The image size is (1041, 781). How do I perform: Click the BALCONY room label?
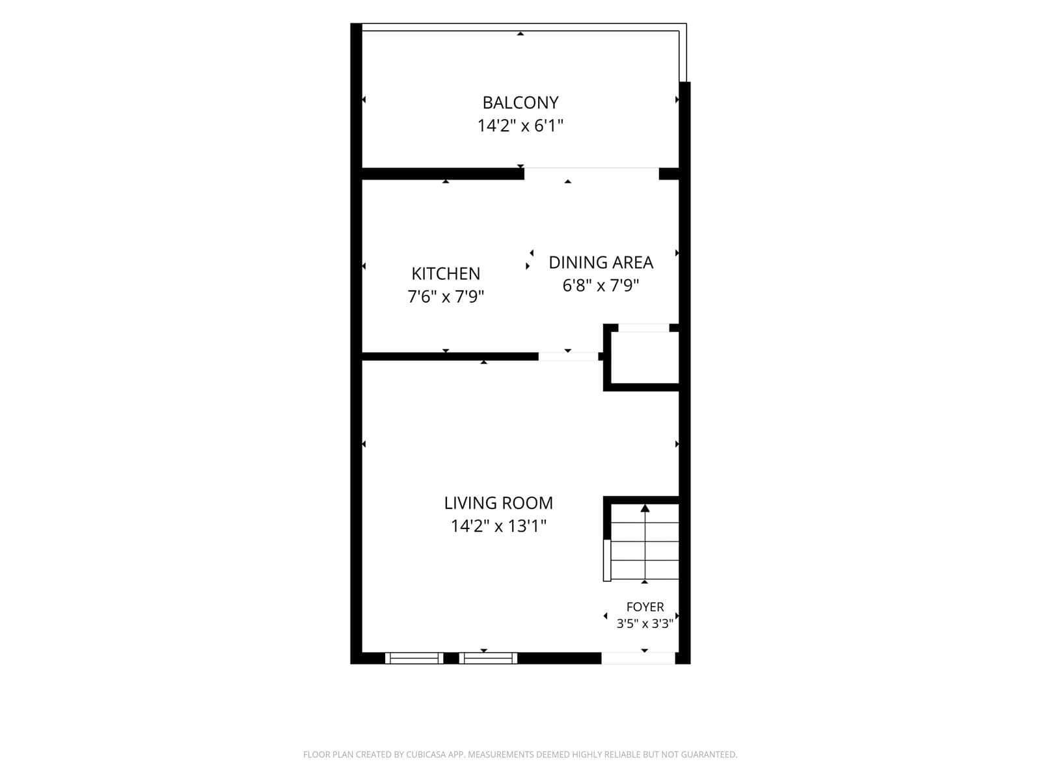click(520, 102)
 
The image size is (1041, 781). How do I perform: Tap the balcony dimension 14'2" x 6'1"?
click(520, 126)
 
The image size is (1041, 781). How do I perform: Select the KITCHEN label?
click(446, 273)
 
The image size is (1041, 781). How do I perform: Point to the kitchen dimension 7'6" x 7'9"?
click(446, 297)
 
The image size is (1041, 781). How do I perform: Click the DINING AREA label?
click(601, 262)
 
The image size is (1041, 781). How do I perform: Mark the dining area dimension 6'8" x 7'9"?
click(601, 286)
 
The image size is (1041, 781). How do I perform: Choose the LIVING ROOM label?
click(498, 502)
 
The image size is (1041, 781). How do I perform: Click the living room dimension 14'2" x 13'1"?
click(498, 526)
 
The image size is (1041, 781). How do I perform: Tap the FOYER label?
click(645, 607)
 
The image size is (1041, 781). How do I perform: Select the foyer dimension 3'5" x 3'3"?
click(645, 623)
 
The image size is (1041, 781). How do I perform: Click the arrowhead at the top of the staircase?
click(645, 508)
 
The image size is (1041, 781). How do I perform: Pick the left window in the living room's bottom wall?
click(414, 658)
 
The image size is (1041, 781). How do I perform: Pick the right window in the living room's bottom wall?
click(488, 658)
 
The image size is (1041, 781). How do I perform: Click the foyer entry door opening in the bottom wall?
click(638, 658)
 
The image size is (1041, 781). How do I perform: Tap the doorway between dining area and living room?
click(568, 357)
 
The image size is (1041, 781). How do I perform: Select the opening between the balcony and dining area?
click(591, 174)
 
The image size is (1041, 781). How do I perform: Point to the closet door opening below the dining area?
click(643, 327)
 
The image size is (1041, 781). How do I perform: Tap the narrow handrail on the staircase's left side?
click(606, 560)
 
